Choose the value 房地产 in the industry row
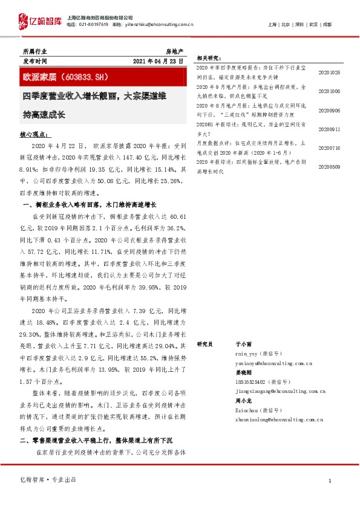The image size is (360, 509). pyautogui.click(x=175, y=52)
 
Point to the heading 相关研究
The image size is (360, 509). pyautogui.click(x=209, y=59)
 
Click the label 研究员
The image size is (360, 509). pyautogui.click(x=205, y=344)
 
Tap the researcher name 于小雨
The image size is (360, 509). pyautogui.click(x=242, y=344)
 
